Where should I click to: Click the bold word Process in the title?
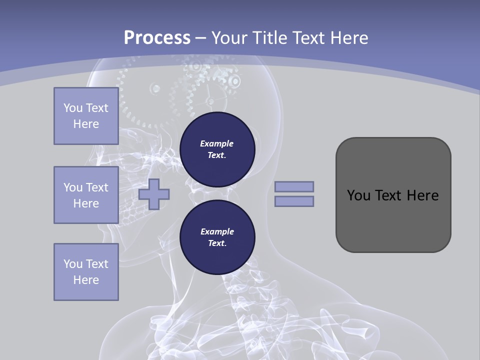tap(157, 38)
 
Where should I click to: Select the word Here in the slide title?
tap(349, 38)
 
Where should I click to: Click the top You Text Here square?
tap(86, 116)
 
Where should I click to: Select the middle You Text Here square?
tap(86, 195)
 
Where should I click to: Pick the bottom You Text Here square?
tap(86, 272)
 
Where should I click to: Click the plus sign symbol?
tap(154, 194)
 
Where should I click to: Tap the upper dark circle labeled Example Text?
tap(217, 149)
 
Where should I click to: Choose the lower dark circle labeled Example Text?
tap(217, 237)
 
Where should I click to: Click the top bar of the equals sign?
tap(294, 186)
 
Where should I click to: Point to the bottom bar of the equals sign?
tap(294, 201)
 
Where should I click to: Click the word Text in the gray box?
tap(388, 195)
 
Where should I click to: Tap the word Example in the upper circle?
tap(217, 144)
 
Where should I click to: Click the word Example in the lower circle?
tap(217, 232)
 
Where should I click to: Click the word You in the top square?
tap(72, 108)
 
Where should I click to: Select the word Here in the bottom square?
tap(86, 280)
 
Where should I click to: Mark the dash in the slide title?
tap(201, 38)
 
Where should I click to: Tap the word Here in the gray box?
tap(422, 195)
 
